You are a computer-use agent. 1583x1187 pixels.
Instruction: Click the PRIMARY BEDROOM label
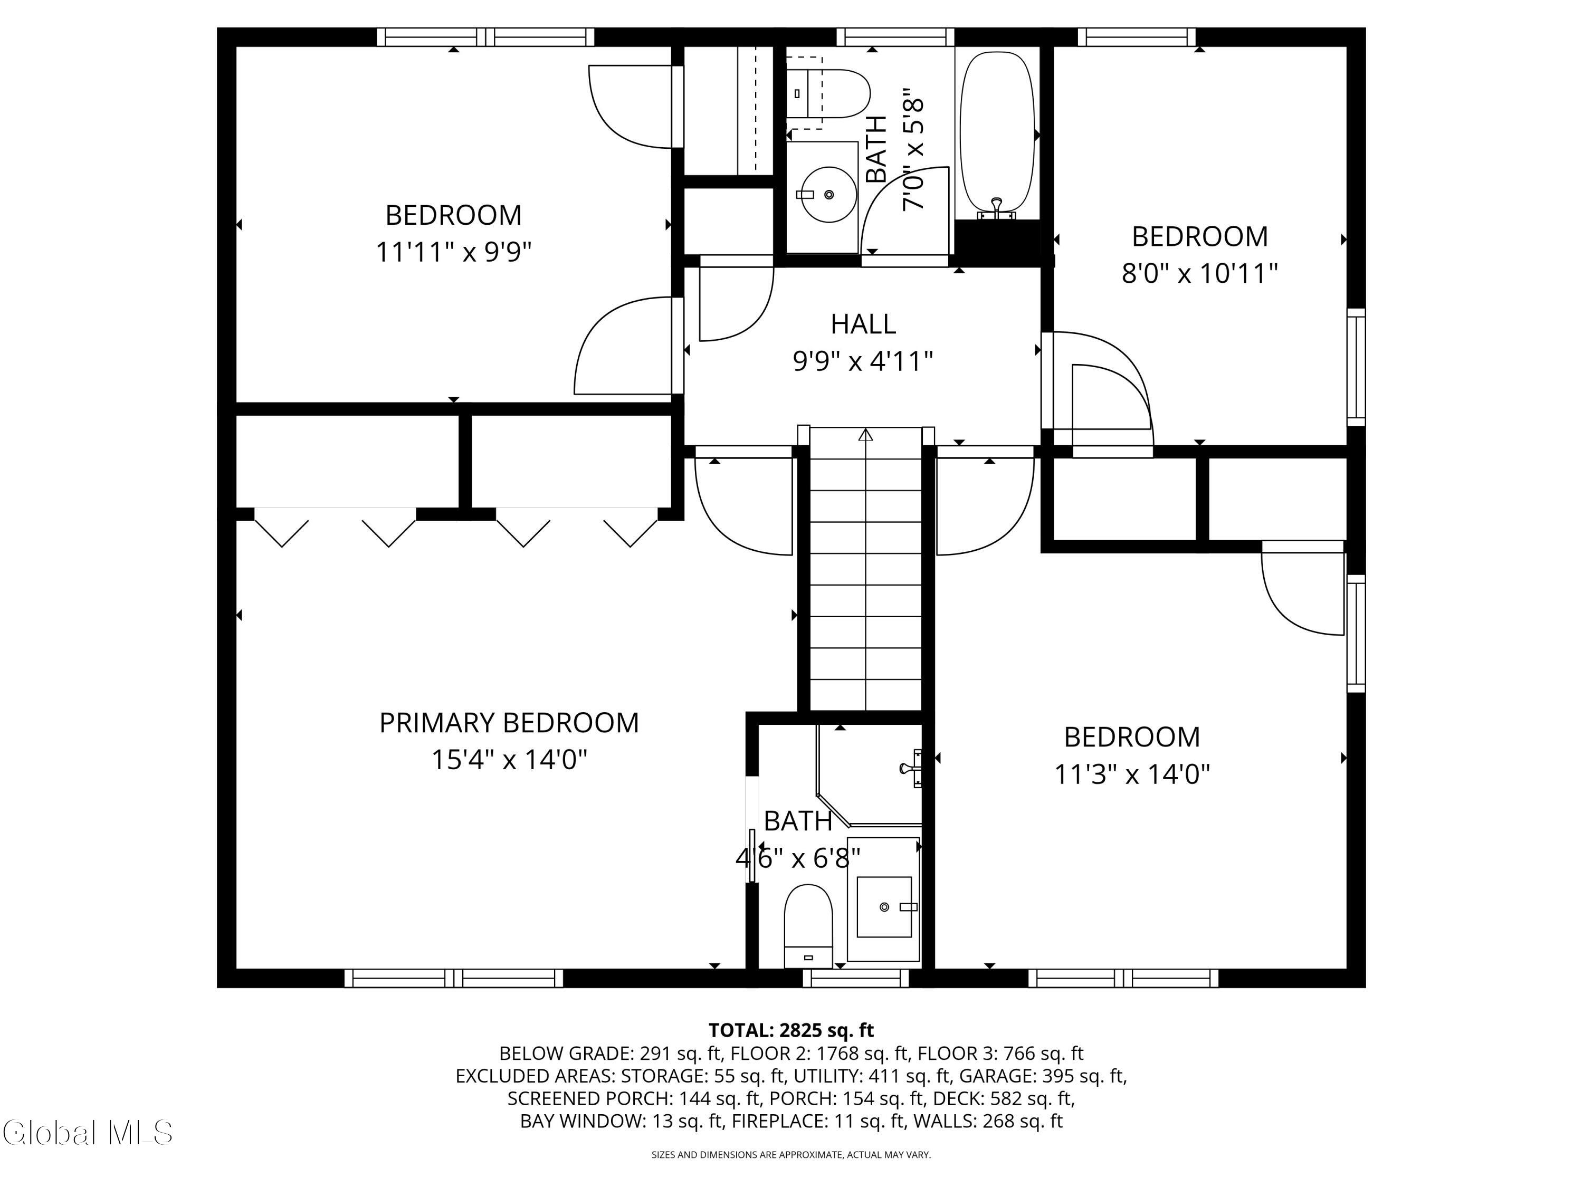pyautogui.click(x=509, y=723)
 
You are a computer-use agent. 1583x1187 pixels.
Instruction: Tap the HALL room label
pyautogui.click(x=863, y=324)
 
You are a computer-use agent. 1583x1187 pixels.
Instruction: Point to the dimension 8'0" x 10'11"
pyautogui.click(x=1199, y=273)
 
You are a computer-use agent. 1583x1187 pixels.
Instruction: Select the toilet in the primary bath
pyautogui.click(x=809, y=926)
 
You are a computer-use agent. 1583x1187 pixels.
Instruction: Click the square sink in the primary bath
pyautogui.click(x=884, y=906)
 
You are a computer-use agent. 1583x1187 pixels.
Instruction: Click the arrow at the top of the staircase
pyautogui.click(x=866, y=434)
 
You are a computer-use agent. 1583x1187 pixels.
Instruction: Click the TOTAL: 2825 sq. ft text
pyautogui.click(x=791, y=1030)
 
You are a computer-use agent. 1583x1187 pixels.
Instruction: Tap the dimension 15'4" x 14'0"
pyautogui.click(x=509, y=760)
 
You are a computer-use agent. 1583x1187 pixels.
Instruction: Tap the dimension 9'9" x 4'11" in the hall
pyautogui.click(x=863, y=361)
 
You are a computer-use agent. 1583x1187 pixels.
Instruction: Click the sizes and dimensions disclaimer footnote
pyautogui.click(x=791, y=1155)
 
